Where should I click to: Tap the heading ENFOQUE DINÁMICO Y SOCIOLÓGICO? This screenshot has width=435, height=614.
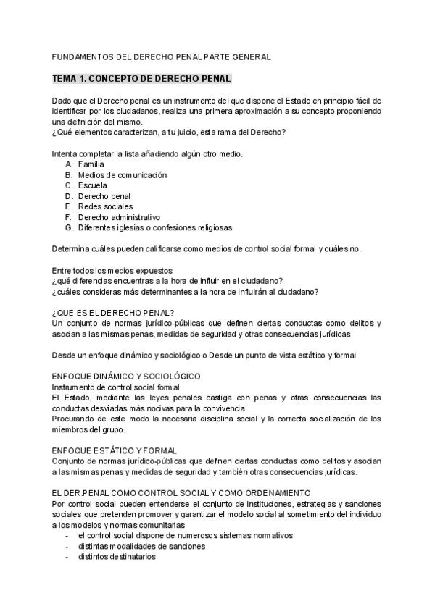[127, 377]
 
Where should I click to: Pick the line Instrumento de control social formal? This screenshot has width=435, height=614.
[116, 387]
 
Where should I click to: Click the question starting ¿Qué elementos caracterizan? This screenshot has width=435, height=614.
[169, 132]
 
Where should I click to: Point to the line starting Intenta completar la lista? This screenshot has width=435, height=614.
[146, 153]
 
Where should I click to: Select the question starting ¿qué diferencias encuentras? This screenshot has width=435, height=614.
[167, 281]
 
